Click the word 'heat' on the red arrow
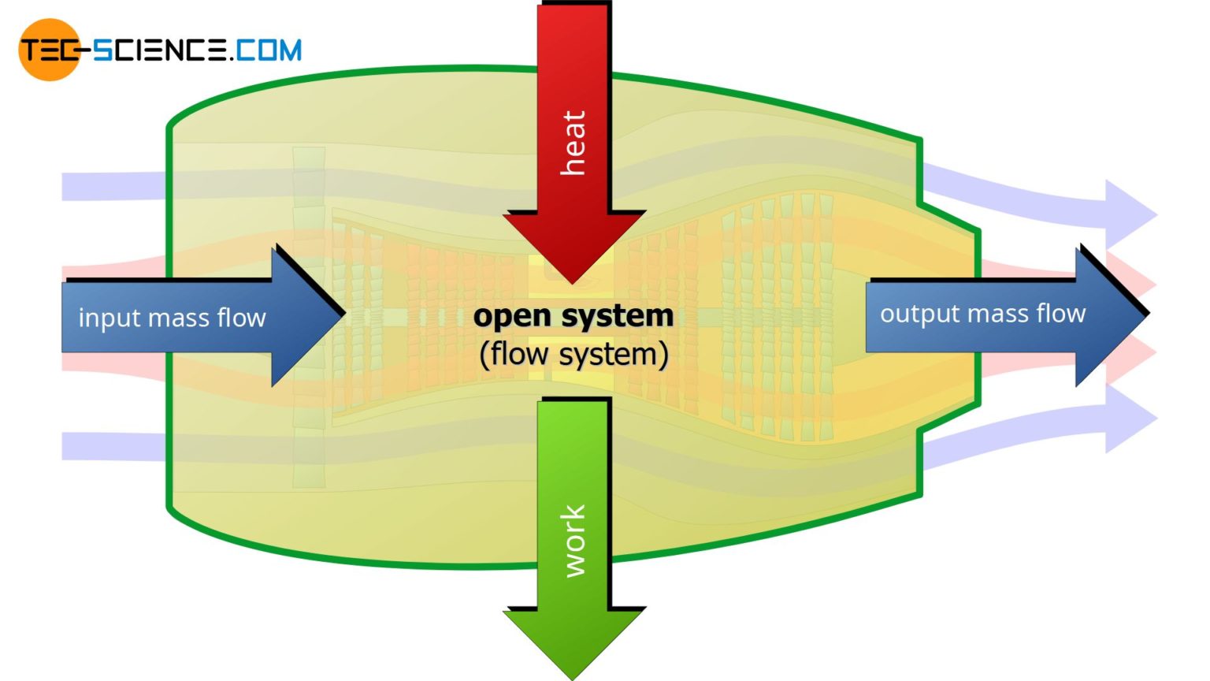pyautogui.click(x=573, y=143)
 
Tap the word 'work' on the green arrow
pyautogui.click(x=573, y=541)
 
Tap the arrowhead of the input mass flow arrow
pyautogui.click(x=311, y=315)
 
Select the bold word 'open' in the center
pyautogui.click(x=512, y=316)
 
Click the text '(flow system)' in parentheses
pyautogui.click(x=573, y=354)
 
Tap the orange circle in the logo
pyautogui.click(x=49, y=50)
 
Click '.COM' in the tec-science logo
pyautogui.click(x=268, y=50)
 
